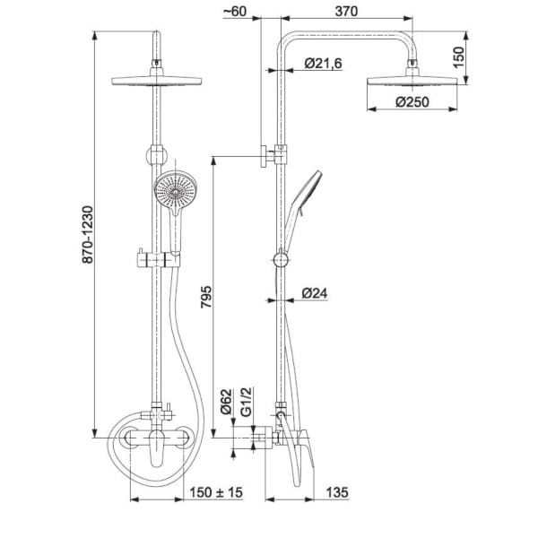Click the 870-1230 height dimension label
point(88,235)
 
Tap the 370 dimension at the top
point(346,12)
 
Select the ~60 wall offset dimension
point(235,12)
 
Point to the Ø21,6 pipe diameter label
point(323,64)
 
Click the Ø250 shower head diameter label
point(412,102)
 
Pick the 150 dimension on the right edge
point(458,57)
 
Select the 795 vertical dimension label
point(206,297)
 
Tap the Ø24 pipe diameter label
point(315,293)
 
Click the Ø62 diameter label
point(227,402)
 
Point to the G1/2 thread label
point(247,402)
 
